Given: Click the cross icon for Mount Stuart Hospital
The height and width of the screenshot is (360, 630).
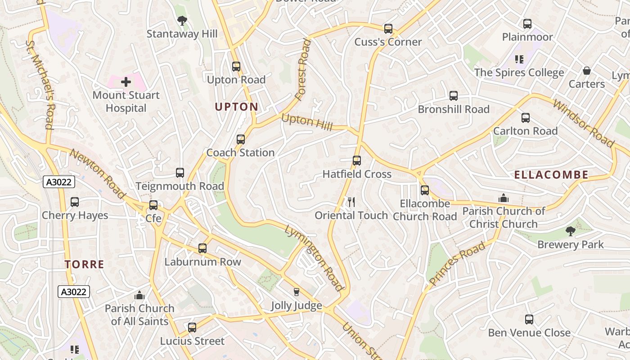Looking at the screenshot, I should click(x=126, y=82).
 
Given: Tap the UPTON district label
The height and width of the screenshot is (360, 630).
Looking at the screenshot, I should click(x=236, y=107).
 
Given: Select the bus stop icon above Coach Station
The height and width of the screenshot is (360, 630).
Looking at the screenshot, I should click(x=241, y=139).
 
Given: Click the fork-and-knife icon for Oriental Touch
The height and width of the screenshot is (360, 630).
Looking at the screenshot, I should click(x=351, y=202).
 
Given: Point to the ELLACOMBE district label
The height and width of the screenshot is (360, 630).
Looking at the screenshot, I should click(x=551, y=175).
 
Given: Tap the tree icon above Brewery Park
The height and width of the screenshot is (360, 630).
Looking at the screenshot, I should click(x=570, y=231).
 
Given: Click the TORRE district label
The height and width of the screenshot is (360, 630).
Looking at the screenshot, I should click(x=84, y=265).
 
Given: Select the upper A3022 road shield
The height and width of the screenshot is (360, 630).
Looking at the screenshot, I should click(x=59, y=182).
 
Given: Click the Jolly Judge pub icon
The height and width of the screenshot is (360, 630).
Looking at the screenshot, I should click(x=296, y=292).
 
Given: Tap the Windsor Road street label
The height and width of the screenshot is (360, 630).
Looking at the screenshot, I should click(x=583, y=123).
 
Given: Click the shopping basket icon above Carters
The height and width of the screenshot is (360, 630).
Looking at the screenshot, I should click(x=586, y=71).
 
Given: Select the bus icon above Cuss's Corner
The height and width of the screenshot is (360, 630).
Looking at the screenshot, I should click(x=388, y=29).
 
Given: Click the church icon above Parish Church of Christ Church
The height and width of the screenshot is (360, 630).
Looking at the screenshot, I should click(x=503, y=198).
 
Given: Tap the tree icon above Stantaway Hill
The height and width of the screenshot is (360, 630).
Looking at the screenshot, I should click(x=182, y=20).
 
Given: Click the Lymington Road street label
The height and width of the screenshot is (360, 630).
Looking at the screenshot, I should click(x=315, y=258).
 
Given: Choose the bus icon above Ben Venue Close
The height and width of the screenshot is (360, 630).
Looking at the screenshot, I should click(x=529, y=319).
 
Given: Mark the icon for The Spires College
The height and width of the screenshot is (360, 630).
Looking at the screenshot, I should click(x=519, y=59).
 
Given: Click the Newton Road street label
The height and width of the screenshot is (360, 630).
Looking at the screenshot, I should click(x=97, y=174).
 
